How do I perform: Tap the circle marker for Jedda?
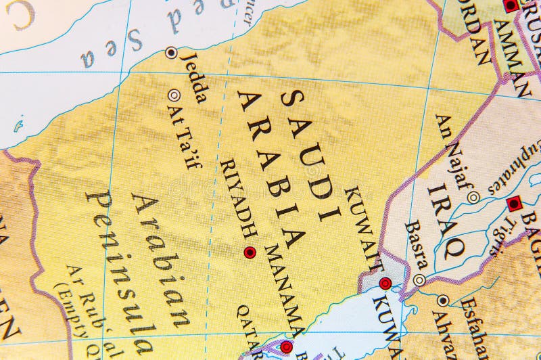(x=171, y=51)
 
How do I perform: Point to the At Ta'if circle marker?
(x=174, y=95)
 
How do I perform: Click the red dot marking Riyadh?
(x=250, y=252)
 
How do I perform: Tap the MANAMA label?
(x=285, y=290)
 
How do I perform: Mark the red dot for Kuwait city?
(x=385, y=284)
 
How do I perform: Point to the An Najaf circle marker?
(x=473, y=197)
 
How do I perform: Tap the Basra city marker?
(x=420, y=279)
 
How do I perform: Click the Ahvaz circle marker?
(x=443, y=300)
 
